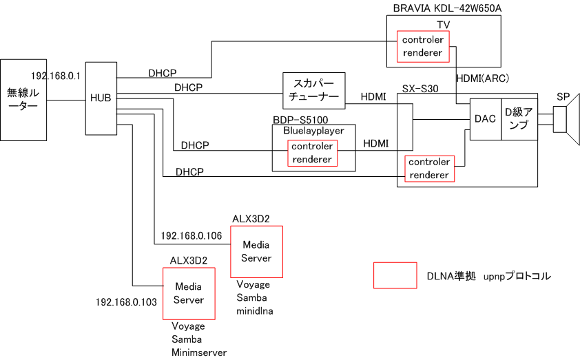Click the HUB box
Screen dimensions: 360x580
[x=101, y=98]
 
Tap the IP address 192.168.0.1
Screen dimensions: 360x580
[x=56, y=74]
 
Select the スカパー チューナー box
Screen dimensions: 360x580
[x=313, y=90]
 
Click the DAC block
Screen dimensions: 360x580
[x=485, y=119]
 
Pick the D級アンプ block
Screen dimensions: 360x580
[x=519, y=119]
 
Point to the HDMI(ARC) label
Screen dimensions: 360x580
[x=481, y=78]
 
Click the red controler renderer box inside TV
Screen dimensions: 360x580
[x=422, y=45]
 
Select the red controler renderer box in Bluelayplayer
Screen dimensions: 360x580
[x=312, y=153]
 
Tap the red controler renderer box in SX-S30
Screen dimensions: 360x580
[x=428, y=169]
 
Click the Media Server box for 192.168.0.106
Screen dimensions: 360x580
[x=256, y=251]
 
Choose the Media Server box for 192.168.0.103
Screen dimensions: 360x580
[x=189, y=293]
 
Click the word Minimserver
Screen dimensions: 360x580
[x=199, y=352]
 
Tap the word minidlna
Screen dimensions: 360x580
[x=255, y=310]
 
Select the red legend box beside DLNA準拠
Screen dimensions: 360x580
[x=395, y=275]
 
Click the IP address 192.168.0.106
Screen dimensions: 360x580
[x=191, y=235]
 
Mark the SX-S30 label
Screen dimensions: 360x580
[x=422, y=89]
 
